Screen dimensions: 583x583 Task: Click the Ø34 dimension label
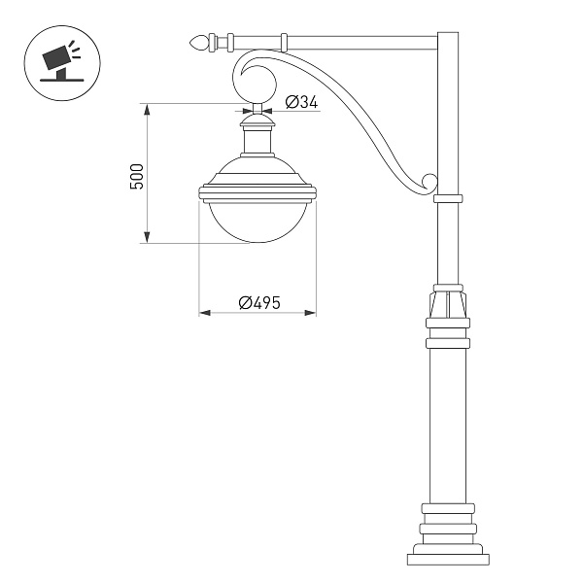coord(304,102)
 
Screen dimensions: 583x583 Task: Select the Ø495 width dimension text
coord(258,302)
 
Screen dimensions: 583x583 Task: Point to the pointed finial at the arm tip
coord(201,42)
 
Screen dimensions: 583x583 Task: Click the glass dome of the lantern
coord(257,220)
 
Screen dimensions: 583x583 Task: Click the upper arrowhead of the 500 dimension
coord(147,106)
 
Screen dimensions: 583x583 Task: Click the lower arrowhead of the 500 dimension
coord(147,239)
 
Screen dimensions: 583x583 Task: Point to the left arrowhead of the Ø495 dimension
coord(203,313)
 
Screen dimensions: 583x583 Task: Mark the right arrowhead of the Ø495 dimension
coord(312,313)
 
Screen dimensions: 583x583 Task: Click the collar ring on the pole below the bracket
coord(447,197)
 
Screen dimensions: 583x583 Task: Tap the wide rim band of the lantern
coord(257,189)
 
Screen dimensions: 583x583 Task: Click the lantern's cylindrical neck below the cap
coord(257,142)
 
